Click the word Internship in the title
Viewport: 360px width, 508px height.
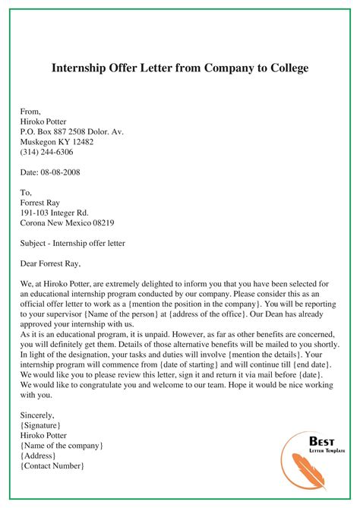82,68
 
